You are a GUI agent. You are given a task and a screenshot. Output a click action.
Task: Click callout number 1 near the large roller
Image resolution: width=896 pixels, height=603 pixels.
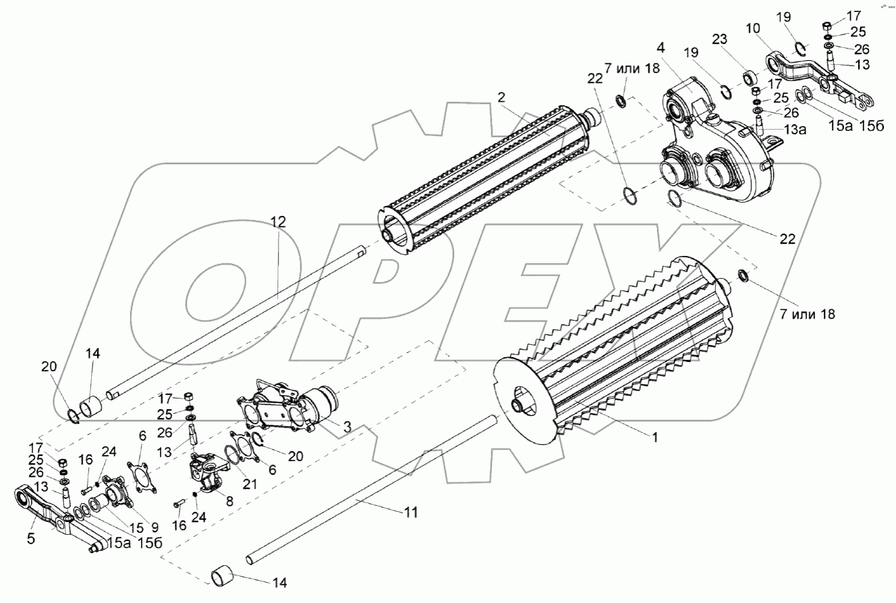coord(654,438)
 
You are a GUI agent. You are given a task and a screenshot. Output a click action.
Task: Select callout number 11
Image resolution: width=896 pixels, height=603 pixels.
coord(411,513)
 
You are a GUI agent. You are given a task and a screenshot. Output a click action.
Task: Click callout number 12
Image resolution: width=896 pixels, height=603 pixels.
coord(279,221)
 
